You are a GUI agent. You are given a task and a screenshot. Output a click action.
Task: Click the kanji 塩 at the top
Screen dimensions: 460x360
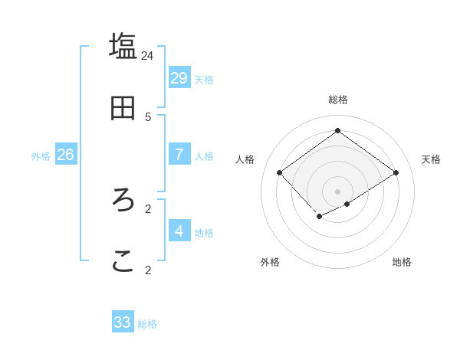(x=123, y=46)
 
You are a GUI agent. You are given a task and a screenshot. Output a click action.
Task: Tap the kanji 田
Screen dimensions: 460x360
(x=123, y=108)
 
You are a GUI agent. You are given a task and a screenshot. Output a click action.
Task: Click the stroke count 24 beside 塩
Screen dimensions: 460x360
(x=148, y=55)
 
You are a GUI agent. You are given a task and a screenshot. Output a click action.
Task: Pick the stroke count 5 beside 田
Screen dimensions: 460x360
(x=148, y=116)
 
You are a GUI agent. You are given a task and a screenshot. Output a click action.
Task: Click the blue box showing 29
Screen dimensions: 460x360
(x=179, y=77)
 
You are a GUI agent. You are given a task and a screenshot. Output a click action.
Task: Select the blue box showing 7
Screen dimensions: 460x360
(x=179, y=154)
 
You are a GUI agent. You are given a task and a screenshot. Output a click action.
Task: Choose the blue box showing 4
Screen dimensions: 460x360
(x=179, y=231)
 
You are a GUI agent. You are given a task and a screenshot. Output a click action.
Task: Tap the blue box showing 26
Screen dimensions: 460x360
(x=65, y=154)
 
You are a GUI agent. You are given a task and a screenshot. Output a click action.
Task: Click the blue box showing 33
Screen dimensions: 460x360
(x=123, y=322)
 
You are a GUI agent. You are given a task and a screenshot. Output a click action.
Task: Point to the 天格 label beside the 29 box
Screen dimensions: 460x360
(x=204, y=79)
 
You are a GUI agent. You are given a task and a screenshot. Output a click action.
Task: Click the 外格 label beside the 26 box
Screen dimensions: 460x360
(x=41, y=155)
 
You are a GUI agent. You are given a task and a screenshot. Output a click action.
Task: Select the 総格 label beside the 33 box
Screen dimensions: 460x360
(x=147, y=324)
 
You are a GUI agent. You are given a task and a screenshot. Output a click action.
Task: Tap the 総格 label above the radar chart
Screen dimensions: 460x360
(x=338, y=100)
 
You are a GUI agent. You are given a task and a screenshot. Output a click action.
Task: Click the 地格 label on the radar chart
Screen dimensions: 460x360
(x=402, y=262)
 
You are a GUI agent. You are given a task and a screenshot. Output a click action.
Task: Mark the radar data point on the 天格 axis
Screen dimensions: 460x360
(x=396, y=172)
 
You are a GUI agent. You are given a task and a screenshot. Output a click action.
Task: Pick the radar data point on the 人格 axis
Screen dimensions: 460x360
(x=280, y=172)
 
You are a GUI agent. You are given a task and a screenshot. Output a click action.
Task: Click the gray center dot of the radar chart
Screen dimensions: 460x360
(x=338, y=191)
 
